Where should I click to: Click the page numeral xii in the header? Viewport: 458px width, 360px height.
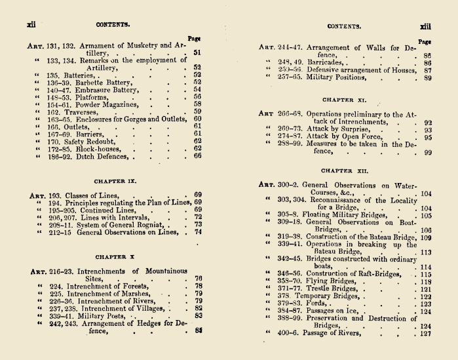(x=30, y=24)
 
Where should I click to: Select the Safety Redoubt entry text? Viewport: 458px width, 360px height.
(x=85, y=140)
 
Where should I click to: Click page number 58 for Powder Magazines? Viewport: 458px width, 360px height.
(x=197, y=104)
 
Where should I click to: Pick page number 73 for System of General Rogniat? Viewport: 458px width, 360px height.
(x=197, y=224)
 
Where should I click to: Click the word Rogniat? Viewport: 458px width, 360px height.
(x=149, y=224)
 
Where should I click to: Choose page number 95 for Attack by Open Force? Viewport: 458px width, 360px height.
(x=427, y=138)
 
